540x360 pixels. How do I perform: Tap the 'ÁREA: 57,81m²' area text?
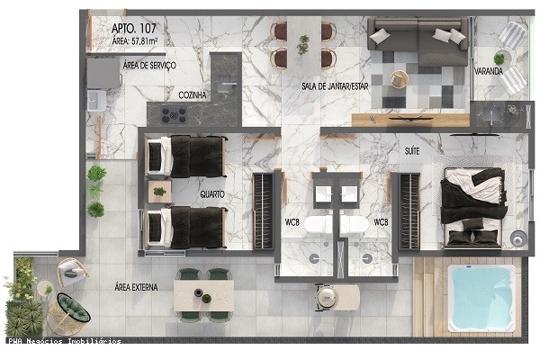point(134,40)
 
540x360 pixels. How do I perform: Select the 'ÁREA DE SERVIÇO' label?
point(148,66)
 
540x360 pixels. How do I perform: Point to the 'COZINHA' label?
point(193,94)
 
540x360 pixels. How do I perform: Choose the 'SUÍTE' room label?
point(413,153)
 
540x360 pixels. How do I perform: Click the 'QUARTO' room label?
point(212,193)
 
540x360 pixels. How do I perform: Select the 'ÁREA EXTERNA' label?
point(137,288)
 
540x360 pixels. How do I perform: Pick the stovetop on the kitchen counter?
point(174,114)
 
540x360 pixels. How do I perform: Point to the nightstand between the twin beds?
point(160,191)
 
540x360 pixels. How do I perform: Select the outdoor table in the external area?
point(203,294)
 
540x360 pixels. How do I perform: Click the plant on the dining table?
point(303,42)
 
